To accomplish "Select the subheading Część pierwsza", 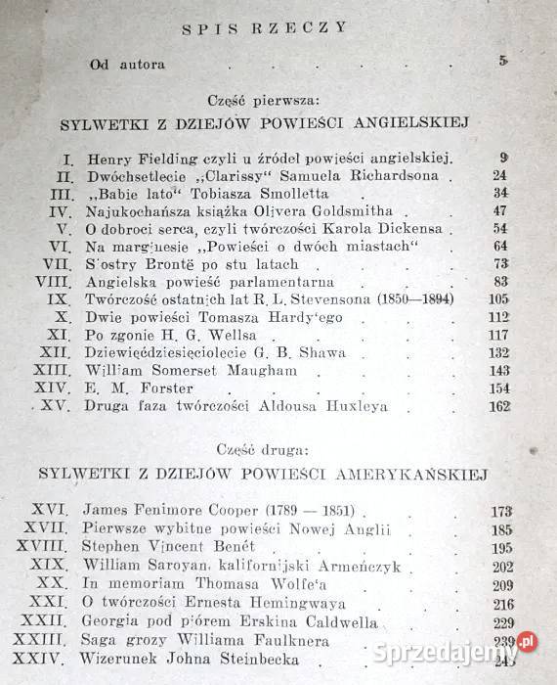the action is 278,101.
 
